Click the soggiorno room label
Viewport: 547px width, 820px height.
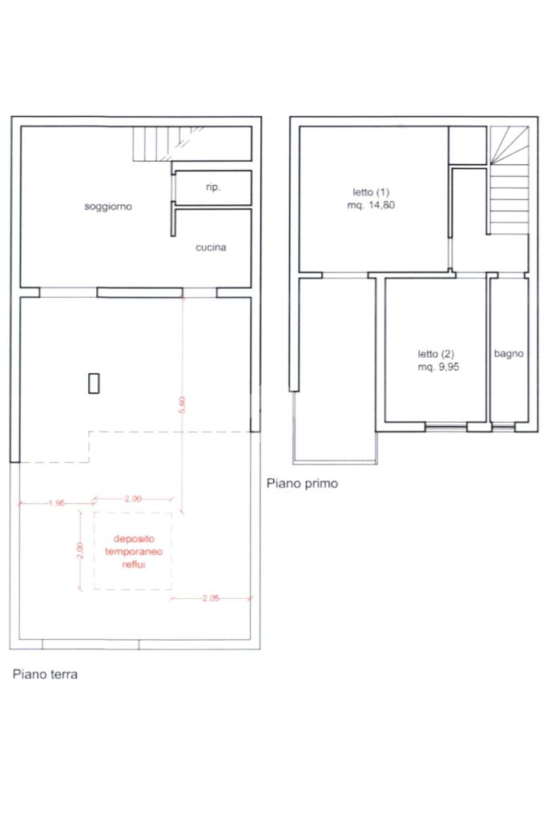pos(108,207)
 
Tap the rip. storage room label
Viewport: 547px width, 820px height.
pos(213,187)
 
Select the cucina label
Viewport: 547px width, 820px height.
pos(211,247)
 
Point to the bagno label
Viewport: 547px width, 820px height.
pos(509,354)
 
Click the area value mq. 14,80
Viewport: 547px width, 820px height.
pos(371,206)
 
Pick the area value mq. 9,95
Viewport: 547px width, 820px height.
pos(438,367)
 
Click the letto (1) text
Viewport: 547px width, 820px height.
pos(371,192)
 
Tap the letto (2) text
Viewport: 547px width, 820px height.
pos(436,354)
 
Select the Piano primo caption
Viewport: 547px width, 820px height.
pos(302,483)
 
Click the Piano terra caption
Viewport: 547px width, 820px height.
pos(45,674)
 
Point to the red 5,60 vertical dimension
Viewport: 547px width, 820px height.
pos(182,404)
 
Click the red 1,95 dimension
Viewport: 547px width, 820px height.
pos(57,503)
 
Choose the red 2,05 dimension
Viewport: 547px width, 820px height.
pos(211,597)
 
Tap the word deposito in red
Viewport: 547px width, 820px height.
pos(134,539)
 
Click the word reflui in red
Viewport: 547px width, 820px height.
pos(134,565)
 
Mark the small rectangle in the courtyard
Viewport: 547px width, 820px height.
pos(94,383)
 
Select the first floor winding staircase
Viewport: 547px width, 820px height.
pos(509,180)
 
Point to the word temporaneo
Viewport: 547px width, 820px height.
pos(134,552)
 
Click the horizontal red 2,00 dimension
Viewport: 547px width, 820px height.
pos(133,498)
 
